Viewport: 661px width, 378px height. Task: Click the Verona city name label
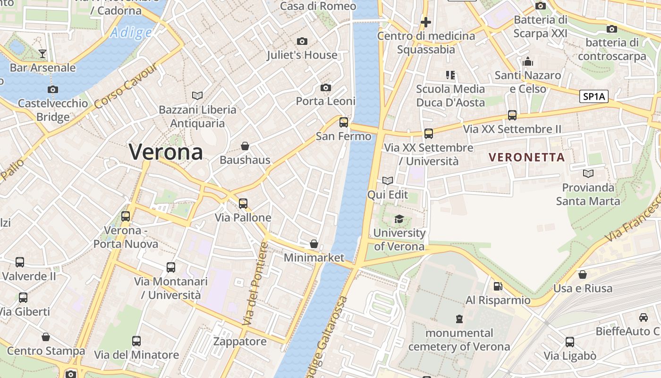click(166, 152)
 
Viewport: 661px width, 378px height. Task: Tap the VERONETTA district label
click(526, 157)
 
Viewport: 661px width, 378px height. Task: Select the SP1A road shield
click(593, 97)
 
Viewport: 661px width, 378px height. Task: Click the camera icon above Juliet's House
click(302, 42)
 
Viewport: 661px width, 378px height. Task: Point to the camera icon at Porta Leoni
click(325, 88)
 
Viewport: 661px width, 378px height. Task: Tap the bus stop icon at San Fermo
click(344, 122)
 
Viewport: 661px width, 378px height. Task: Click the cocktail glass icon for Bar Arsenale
click(42, 54)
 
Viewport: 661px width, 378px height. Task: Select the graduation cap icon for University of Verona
click(399, 219)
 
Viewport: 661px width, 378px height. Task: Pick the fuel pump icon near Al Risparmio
click(498, 286)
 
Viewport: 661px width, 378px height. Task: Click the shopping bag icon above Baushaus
click(245, 146)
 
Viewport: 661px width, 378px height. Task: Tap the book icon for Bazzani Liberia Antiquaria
click(197, 96)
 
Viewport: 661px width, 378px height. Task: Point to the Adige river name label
click(131, 33)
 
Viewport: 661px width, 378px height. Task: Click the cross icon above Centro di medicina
click(426, 22)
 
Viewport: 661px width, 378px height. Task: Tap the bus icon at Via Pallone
click(243, 204)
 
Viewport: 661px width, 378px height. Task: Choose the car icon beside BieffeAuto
click(643, 317)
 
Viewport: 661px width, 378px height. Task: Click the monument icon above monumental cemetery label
click(459, 319)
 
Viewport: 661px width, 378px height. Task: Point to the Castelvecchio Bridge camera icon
click(53, 89)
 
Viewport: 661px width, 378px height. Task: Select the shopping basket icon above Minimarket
click(314, 244)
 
